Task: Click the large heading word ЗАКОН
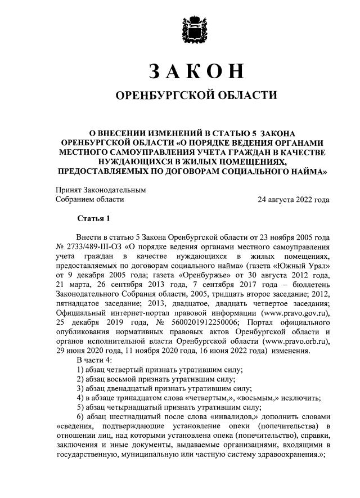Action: click(196, 71)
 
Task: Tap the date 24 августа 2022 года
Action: click(293, 199)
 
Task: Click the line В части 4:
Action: click(95, 360)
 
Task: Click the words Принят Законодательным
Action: click(101, 190)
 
